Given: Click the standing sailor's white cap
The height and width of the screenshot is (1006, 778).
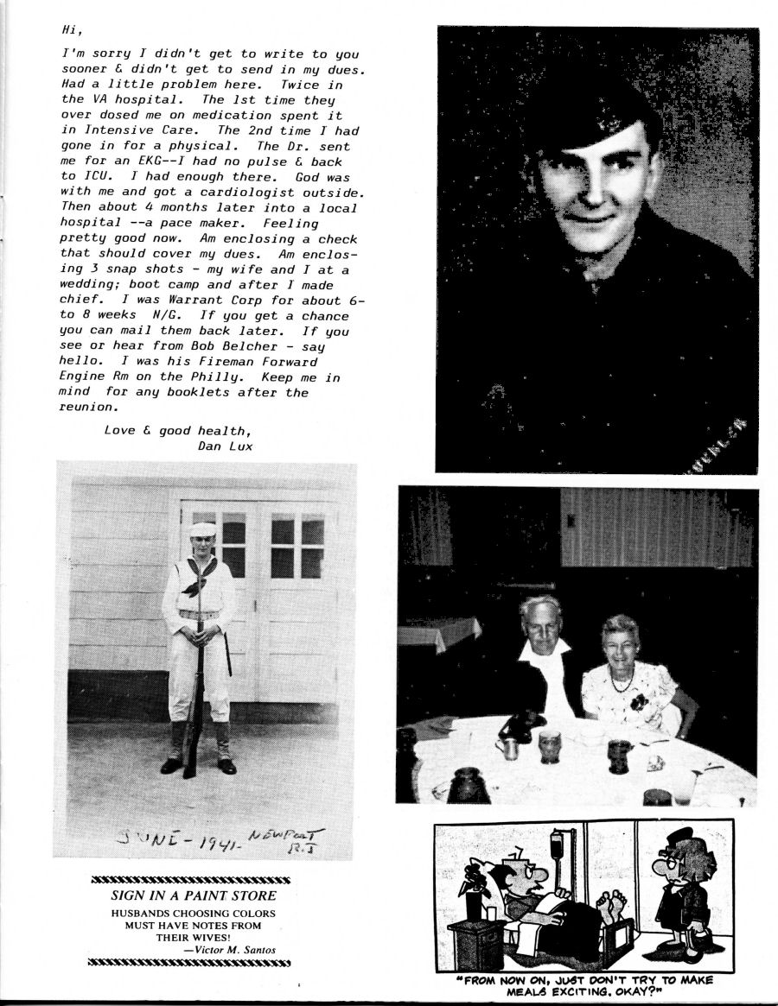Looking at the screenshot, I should (202, 529).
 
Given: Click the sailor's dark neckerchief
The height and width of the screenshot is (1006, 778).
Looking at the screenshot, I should (197, 577).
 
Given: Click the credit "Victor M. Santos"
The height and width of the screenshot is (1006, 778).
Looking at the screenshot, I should (236, 950).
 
